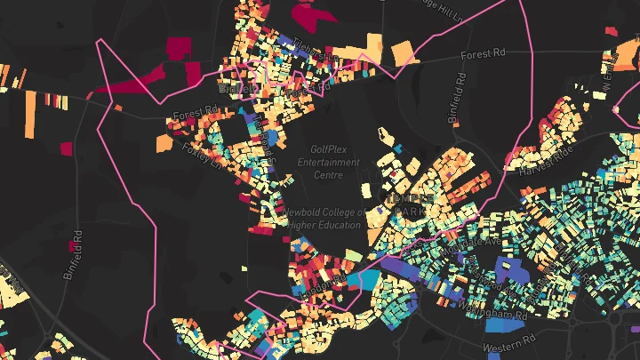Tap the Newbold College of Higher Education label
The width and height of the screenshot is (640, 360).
pos(325,219)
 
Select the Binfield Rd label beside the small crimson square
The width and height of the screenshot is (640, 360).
pos(74,255)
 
